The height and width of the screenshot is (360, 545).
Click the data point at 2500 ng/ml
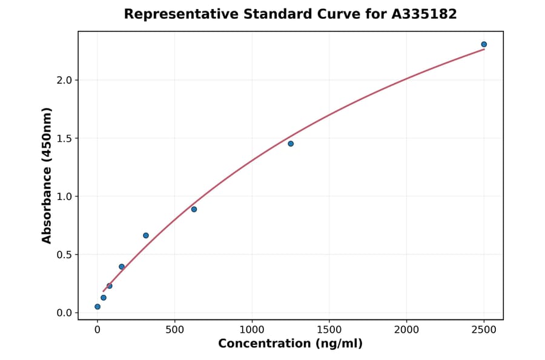484,44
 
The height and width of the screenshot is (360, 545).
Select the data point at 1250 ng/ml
291,144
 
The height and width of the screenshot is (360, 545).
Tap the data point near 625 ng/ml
194,209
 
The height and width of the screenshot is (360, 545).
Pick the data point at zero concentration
97,307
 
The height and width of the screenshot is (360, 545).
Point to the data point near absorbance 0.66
146,235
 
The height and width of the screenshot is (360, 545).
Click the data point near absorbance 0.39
122,267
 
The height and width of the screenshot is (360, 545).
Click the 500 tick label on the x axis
174,330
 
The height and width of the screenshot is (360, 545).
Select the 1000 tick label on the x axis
252,330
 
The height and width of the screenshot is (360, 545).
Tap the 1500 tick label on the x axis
329,330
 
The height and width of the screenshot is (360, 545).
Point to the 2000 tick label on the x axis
406,330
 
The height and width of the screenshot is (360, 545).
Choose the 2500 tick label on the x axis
484,330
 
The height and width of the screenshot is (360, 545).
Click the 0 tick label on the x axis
97,330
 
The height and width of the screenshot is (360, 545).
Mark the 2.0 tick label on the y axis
64,80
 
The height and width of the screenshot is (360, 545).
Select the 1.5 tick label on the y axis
64,138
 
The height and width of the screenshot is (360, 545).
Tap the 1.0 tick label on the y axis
64,196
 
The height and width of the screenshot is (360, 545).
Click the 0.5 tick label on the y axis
64,255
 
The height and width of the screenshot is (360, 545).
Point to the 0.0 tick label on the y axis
64,313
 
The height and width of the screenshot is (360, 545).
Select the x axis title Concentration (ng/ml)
290,344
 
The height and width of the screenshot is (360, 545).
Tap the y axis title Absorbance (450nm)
47,175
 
